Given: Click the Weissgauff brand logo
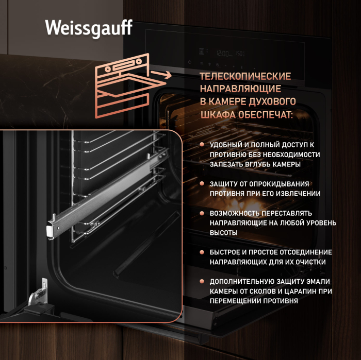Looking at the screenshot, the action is tap(89, 28).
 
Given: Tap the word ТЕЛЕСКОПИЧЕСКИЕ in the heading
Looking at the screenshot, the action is tap(245, 77).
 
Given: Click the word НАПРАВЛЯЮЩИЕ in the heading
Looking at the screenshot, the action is tap(240, 89).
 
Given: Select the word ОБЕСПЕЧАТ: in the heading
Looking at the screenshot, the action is tap(266, 115).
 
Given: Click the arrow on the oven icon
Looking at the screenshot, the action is tap(161, 75).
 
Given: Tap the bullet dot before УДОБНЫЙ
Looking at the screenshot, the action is tap(202, 144).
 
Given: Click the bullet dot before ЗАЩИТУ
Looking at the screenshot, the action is tap(202, 183).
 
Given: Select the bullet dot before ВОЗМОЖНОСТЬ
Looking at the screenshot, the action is tap(202, 213).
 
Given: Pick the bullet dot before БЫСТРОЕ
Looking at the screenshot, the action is tap(202, 252).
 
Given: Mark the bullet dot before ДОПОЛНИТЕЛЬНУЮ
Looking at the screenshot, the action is tap(202, 281).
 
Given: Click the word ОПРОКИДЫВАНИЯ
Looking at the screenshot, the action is tap(279, 184).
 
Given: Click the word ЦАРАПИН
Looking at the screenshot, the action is tap(301, 292).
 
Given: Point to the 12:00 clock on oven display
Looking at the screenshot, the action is tap(222, 54).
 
